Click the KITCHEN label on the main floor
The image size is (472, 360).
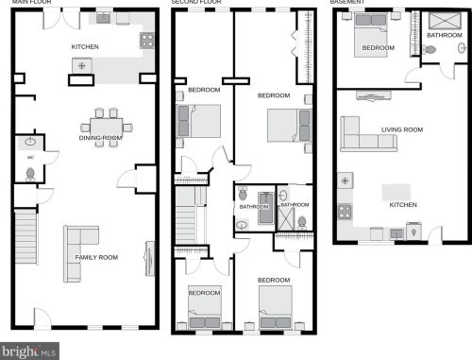pyautogui.click(x=85, y=47)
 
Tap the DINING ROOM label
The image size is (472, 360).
pyautogui.click(x=100, y=138)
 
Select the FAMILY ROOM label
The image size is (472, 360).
pyautogui.click(x=96, y=257)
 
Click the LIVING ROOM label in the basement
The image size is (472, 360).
pyautogui.click(x=402, y=129)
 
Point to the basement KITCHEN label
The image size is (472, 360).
pyautogui.click(x=403, y=205)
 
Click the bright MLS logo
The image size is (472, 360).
pyautogui.click(x=29, y=351)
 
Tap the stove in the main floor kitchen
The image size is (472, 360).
pyautogui.click(x=147, y=41)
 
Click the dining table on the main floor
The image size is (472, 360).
pyautogui.click(x=107, y=128)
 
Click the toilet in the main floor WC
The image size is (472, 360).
pyautogui.click(x=30, y=174)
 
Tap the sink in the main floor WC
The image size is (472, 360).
pyautogui.click(x=30, y=142)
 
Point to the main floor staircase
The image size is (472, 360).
pyautogui.click(x=25, y=237)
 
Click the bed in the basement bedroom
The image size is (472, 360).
pyautogui.click(x=371, y=35)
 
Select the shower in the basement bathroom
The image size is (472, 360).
pyautogui.click(x=445, y=21)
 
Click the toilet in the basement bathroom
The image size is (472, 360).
pyautogui.click(x=430, y=50)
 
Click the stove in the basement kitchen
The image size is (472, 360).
pyautogui.click(x=345, y=212)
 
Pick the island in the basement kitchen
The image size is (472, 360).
pyautogui.click(x=396, y=192)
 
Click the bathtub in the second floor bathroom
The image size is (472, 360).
pyautogui.click(x=266, y=208)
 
